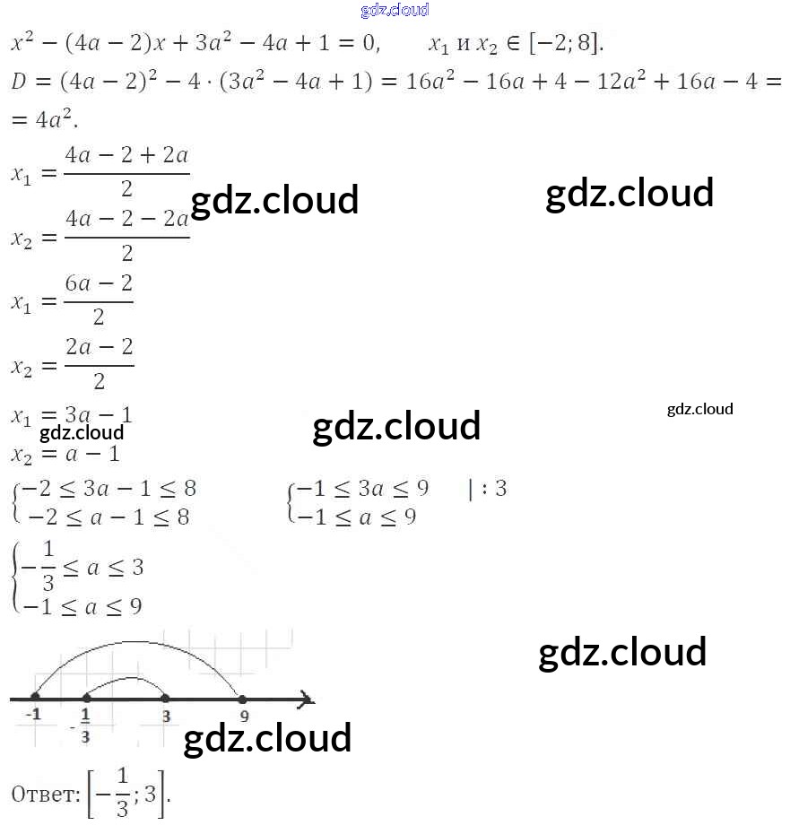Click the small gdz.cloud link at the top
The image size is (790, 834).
point(395,10)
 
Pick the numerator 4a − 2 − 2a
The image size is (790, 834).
point(126,219)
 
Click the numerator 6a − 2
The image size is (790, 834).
point(99,283)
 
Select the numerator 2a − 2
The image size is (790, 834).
point(99,347)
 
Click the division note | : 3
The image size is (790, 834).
point(487,489)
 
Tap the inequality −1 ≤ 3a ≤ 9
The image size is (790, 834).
point(362,489)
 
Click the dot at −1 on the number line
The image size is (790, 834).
point(35,697)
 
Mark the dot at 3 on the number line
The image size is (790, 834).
point(165,697)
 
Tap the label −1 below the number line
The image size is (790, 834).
point(33,715)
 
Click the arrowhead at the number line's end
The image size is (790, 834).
point(307,697)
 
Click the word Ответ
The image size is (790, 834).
point(45,794)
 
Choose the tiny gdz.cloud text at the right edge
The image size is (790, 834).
point(699,409)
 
